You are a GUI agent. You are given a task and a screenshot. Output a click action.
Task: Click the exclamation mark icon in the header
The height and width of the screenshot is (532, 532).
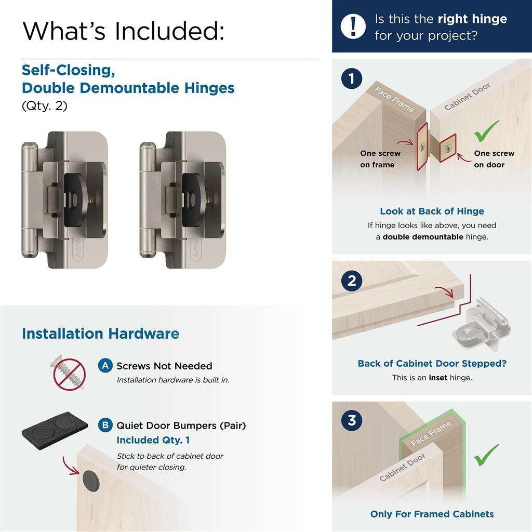(x=353, y=26)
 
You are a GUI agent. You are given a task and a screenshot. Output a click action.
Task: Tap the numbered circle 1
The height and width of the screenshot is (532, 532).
(x=352, y=79)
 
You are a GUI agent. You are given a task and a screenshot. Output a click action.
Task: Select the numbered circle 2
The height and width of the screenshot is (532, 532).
(x=352, y=281)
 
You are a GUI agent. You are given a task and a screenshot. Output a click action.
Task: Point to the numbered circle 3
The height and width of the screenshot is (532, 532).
(x=352, y=420)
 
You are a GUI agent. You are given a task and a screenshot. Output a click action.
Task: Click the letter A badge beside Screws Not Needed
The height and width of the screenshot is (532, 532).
(x=105, y=366)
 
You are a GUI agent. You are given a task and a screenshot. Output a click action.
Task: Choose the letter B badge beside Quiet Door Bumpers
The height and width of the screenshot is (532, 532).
(x=105, y=425)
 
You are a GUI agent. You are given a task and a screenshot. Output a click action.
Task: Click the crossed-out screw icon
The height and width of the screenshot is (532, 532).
(x=70, y=372)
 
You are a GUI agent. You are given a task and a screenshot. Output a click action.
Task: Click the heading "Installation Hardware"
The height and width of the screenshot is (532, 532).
(x=100, y=334)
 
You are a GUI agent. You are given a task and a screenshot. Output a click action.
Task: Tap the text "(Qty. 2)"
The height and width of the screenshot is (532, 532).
(x=45, y=105)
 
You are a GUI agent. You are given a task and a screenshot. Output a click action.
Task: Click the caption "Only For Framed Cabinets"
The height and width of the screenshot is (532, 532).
(x=432, y=514)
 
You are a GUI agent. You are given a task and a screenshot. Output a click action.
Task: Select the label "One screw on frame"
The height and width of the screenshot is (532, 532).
(x=380, y=159)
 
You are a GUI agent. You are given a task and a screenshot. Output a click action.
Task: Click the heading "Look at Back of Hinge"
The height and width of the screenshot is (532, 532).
(x=432, y=211)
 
